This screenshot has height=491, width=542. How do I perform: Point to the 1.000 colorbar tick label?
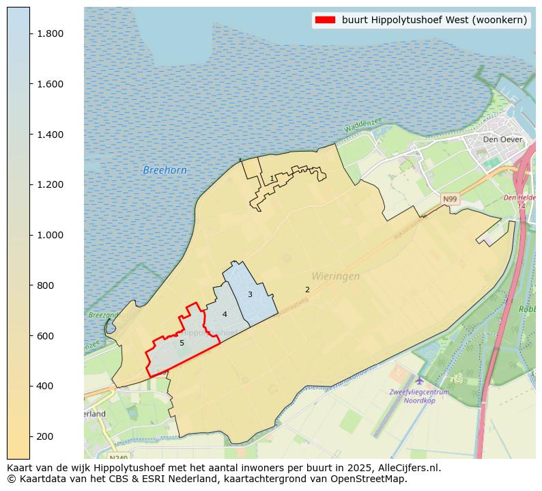click(50, 235)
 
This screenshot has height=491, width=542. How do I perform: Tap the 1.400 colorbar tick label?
click(50, 135)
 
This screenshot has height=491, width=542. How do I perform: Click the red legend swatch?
click(325, 20)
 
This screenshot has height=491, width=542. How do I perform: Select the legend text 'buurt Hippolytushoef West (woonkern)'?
click(434, 20)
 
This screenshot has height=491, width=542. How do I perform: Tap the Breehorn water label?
click(165, 170)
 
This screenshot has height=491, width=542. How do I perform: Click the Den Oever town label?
click(502, 139)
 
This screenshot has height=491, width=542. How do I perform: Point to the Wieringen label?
click(335, 277)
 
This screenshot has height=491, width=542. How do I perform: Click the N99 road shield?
click(449, 199)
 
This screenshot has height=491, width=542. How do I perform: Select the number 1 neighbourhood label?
click(272, 178)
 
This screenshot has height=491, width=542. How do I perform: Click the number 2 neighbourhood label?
click(307, 290)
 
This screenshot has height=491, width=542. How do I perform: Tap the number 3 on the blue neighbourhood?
click(250, 294)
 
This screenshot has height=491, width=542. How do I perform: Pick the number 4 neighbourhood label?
click(225, 314)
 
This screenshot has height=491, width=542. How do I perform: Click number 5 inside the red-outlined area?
click(182, 343)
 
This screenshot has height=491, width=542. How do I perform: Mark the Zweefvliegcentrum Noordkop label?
click(418, 396)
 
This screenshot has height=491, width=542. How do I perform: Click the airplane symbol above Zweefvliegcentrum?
click(419, 380)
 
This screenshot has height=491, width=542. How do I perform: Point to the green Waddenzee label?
click(363, 125)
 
